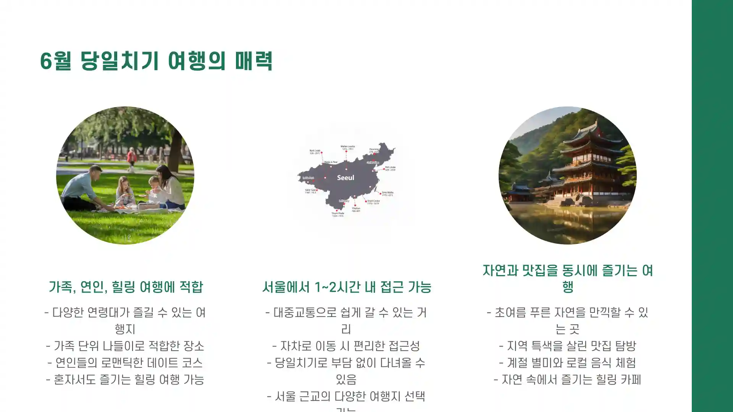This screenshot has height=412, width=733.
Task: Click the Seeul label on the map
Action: tap(346, 178)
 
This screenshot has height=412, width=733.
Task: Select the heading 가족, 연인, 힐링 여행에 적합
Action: tap(125, 287)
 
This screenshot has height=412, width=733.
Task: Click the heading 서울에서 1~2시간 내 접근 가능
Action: tap(347, 287)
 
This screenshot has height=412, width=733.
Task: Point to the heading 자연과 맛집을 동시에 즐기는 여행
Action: tap(568, 278)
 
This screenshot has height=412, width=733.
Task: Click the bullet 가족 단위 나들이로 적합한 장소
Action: tap(125, 346)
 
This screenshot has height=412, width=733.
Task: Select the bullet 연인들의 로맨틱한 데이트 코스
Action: tap(125, 363)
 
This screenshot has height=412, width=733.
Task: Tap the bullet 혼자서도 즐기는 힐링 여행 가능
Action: tap(125, 380)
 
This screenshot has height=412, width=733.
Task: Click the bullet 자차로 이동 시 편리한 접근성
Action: tap(346, 346)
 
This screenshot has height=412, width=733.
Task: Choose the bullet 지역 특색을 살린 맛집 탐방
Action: tap(568, 346)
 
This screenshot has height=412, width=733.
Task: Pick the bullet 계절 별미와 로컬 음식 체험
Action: tap(568, 363)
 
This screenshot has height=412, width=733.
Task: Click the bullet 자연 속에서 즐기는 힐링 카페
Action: tap(568, 380)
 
